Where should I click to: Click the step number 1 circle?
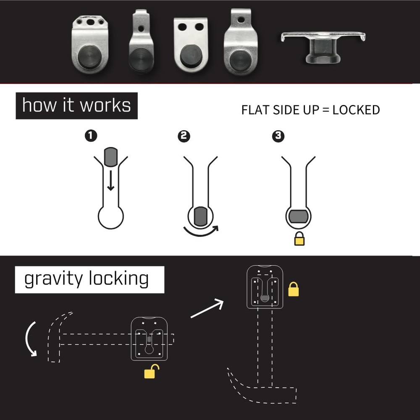click(x=91, y=136)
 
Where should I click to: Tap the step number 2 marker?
click(x=184, y=136)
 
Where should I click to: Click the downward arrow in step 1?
click(x=110, y=182)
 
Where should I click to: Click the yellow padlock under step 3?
click(x=299, y=239)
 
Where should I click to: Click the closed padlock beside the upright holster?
click(x=293, y=289)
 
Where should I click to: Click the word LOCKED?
click(x=356, y=110)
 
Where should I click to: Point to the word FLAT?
click(x=253, y=110)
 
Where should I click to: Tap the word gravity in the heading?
click(x=53, y=279)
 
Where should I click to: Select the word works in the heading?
click(x=105, y=105)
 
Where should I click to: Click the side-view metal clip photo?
click(x=323, y=46)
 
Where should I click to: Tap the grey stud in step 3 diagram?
click(x=299, y=216)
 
